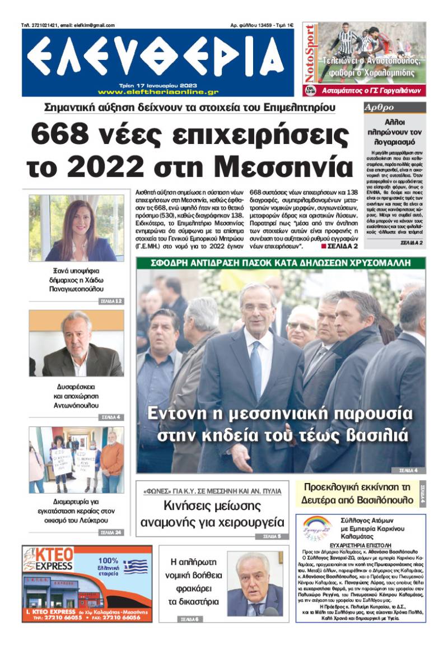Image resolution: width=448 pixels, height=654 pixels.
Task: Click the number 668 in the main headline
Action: click(x=61, y=133)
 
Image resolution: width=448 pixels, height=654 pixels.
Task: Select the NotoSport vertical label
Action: click(x=309, y=56)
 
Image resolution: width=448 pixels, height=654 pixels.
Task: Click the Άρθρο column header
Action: click(x=376, y=107)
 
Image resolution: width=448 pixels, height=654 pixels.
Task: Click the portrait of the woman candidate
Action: click(x=77, y=229)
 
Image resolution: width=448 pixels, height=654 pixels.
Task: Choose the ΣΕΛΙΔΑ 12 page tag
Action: click(x=111, y=301)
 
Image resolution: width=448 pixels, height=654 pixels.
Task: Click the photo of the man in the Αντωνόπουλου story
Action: click(x=77, y=344)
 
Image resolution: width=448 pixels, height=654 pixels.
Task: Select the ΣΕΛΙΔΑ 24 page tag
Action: click(x=111, y=532)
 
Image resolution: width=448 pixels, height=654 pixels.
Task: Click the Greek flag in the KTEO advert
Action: click(x=135, y=567)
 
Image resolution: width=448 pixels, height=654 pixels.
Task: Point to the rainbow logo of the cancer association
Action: click(x=317, y=527)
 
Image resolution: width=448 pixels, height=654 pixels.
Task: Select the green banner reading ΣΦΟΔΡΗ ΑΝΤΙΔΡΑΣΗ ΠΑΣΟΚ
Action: click(x=280, y=263)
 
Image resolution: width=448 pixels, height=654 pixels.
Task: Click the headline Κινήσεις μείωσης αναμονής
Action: click(x=212, y=514)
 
